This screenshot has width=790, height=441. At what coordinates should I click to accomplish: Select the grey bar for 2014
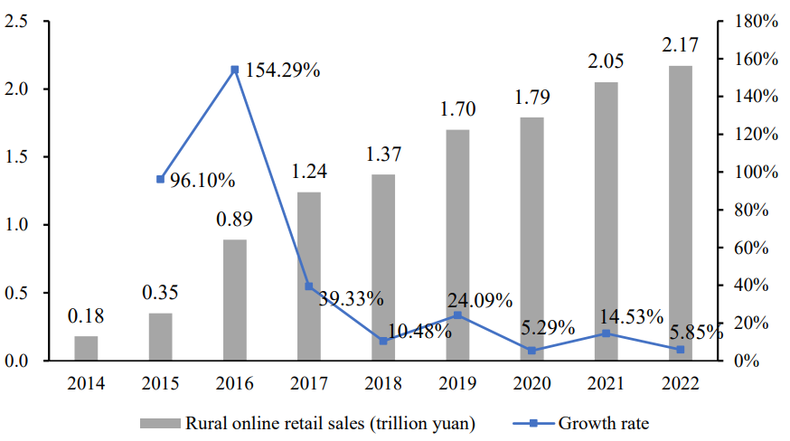86,349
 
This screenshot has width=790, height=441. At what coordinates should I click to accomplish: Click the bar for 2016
234,300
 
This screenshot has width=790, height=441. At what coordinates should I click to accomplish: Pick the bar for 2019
457,245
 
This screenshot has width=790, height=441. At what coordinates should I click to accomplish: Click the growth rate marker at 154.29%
234,70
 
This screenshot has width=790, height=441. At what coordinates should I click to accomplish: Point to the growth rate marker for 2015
160,179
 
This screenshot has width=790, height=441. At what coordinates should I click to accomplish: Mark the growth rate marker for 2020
531,351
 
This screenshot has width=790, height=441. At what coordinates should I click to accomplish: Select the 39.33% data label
352,298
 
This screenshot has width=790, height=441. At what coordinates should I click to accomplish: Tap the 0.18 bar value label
86,316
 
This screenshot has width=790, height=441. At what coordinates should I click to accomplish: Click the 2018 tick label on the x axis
383,383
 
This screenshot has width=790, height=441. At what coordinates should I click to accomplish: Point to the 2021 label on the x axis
606,383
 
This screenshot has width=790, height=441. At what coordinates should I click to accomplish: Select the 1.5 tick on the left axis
18,157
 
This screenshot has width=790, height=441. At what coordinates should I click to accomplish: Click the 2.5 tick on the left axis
18,21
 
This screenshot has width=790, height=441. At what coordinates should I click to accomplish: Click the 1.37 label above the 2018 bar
383,154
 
